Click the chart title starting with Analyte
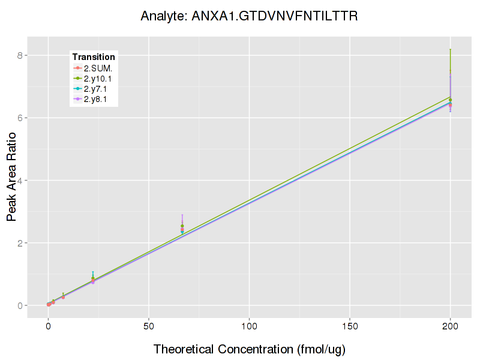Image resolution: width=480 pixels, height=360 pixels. (249, 16)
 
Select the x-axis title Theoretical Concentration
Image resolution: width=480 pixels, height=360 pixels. (250, 349)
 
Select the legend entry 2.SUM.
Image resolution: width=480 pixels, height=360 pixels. (98, 68)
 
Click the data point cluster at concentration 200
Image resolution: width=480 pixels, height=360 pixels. (450, 103)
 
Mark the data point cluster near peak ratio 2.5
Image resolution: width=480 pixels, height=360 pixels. (182, 228)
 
